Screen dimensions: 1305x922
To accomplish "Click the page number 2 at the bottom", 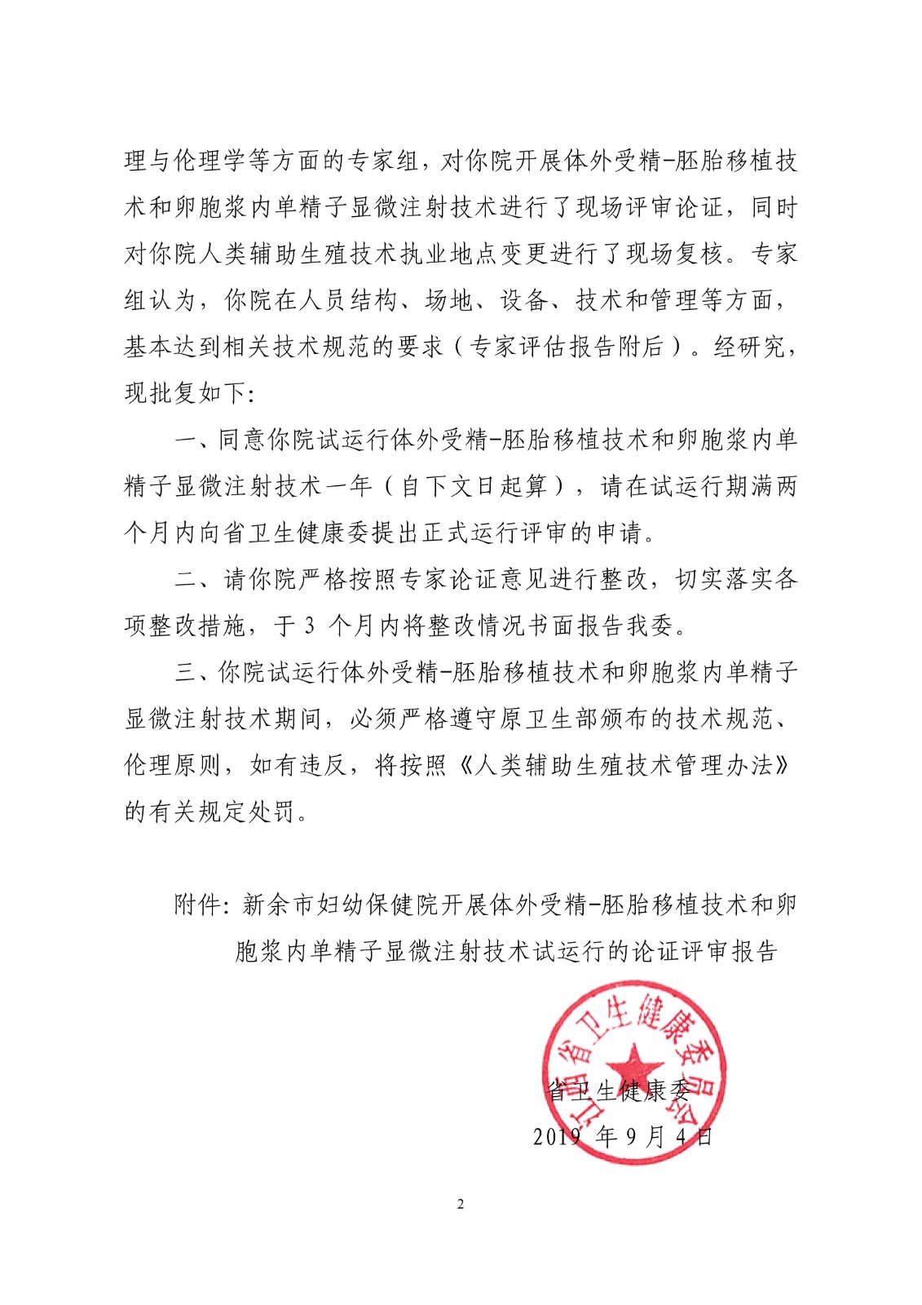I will [461, 1205].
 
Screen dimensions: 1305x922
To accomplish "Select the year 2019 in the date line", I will [557, 1136].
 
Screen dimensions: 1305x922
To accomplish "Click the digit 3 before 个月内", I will [309, 626].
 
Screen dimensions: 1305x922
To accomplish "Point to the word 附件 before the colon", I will [197, 905].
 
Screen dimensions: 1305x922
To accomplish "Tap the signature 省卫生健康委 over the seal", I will [618, 1090].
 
